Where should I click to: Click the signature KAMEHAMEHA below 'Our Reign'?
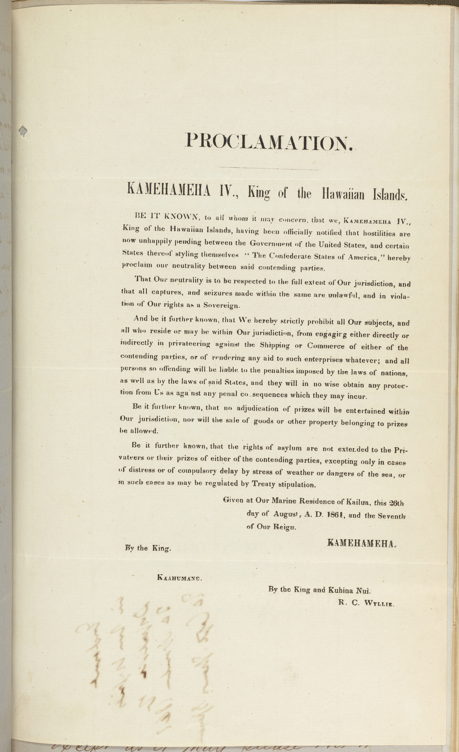coord(362,543)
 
